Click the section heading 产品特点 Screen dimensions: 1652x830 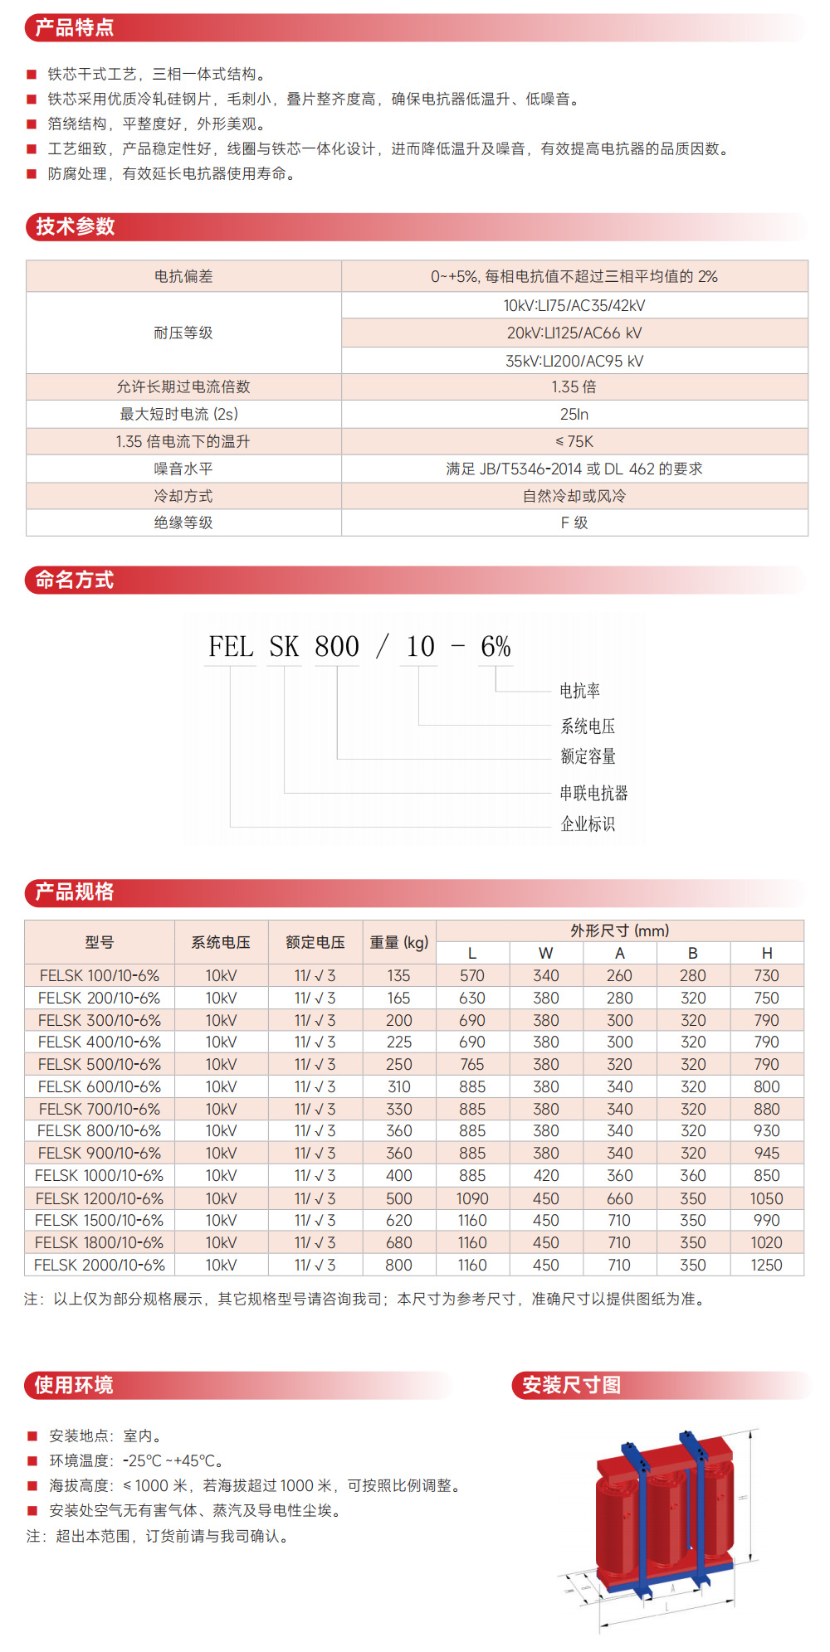click(75, 28)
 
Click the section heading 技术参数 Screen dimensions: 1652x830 click(75, 226)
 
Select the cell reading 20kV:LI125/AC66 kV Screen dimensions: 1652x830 click(574, 333)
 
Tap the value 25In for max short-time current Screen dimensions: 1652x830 click(574, 414)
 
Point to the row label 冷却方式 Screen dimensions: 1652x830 click(183, 496)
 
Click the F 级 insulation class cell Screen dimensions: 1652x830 click(574, 522)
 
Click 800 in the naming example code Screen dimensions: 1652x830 click(337, 647)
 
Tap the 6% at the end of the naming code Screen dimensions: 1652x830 click(496, 647)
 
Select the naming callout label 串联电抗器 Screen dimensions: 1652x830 click(593, 793)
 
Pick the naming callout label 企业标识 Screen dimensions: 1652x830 click(588, 824)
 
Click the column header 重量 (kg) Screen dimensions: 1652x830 click(399, 942)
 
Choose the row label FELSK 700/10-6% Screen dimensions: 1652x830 click(100, 1109)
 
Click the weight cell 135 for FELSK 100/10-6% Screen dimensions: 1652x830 click(399, 975)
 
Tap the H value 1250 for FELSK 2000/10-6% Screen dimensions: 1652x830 click(767, 1265)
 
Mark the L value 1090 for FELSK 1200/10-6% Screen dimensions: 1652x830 click(472, 1198)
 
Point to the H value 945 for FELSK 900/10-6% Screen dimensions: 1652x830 click(767, 1153)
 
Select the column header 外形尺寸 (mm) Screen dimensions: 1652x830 click(620, 930)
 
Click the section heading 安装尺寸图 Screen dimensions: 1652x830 click(571, 1385)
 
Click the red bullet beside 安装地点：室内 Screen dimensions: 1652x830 click(32, 1436)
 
